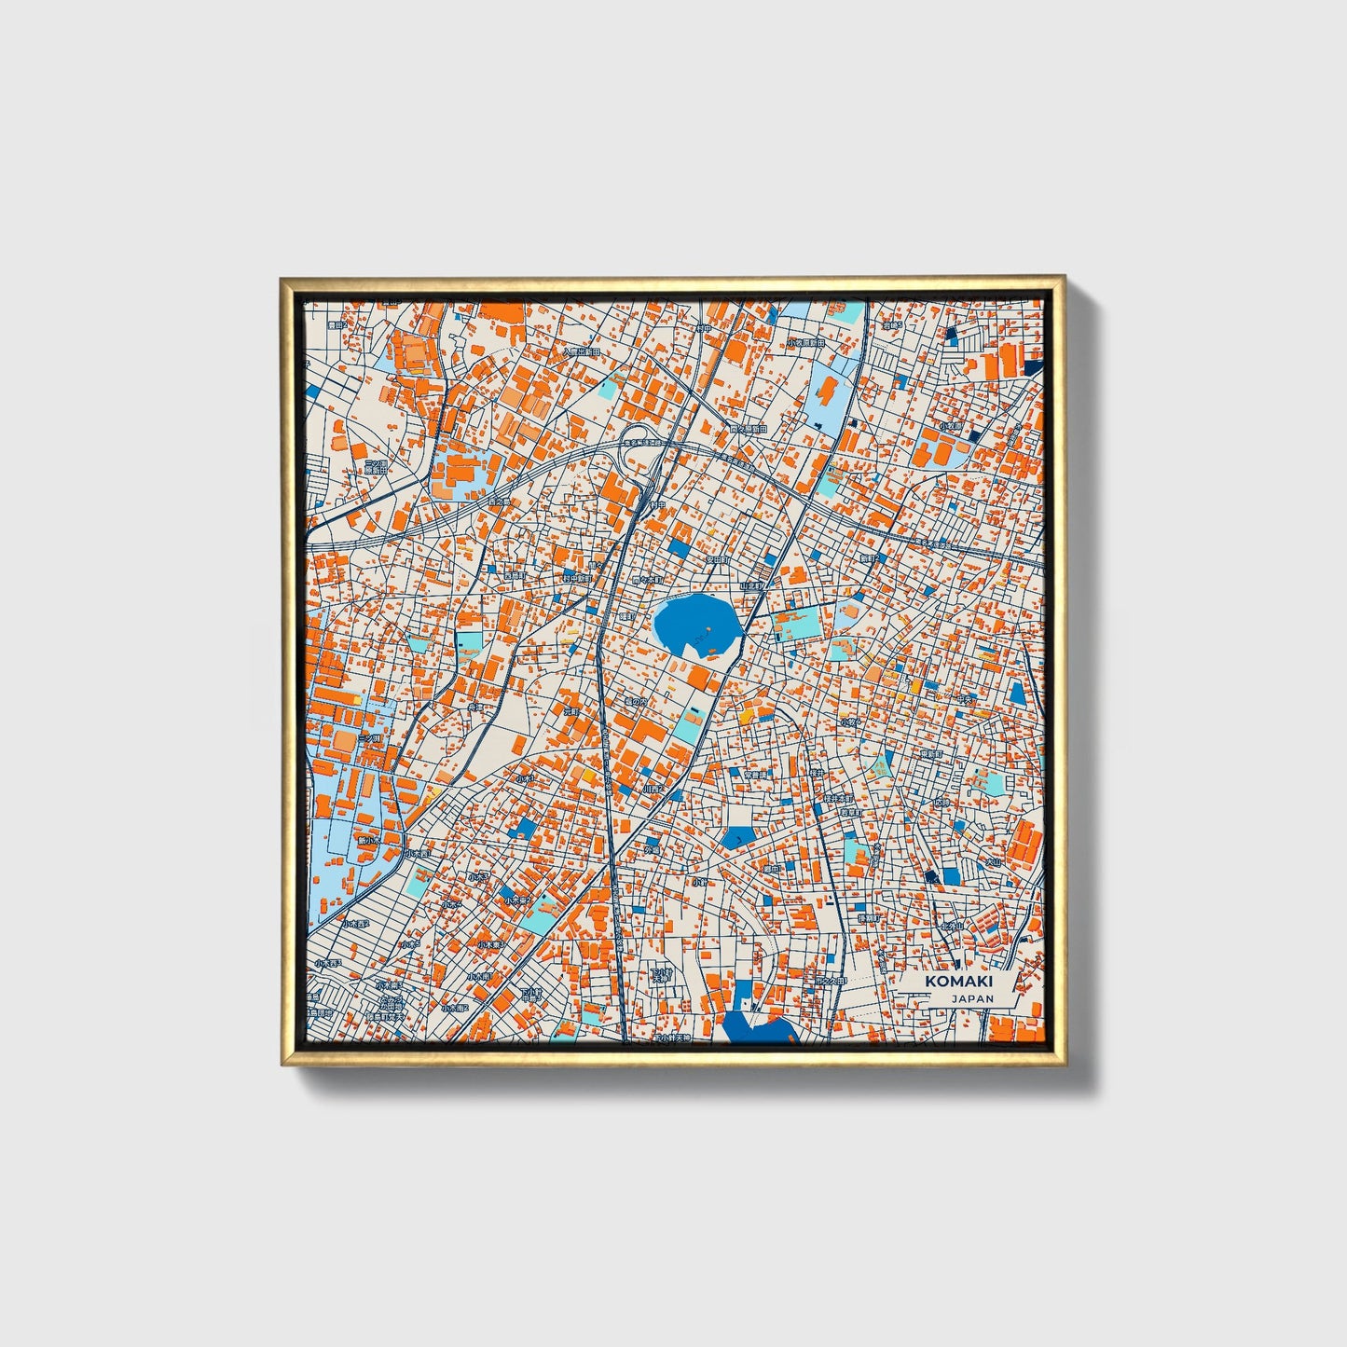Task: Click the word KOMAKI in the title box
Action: click(958, 982)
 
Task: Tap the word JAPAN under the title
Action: click(972, 998)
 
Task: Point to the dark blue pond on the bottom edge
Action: click(757, 1028)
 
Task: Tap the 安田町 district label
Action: click(716, 560)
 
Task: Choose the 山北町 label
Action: click(750, 586)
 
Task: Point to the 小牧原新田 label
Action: click(805, 343)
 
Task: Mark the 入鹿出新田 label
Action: click(581, 352)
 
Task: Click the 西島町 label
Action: click(515, 576)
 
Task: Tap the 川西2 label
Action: click(653, 789)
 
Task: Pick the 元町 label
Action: click(570, 710)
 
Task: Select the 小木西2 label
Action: click(355, 924)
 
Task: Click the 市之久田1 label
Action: click(829, 982)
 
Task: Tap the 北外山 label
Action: click(950, 926)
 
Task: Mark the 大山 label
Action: click(994, 862)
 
